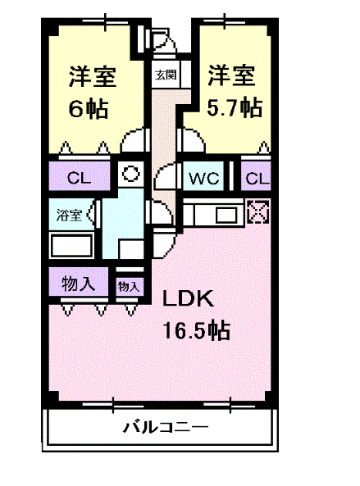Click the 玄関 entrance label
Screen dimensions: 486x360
(166, 75)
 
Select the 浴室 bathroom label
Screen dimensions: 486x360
(69, 216)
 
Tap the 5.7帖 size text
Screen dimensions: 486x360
(235, 107)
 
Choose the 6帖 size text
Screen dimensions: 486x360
(89, 109)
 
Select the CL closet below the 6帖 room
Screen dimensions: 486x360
(80, 177)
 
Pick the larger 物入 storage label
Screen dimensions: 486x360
(80, 284)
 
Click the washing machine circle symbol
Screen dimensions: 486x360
(129, 174)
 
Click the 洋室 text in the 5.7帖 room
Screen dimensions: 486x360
(230, 76)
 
